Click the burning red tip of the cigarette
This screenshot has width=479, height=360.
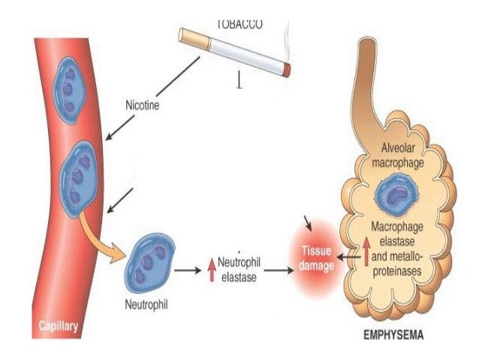(287, 71)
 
